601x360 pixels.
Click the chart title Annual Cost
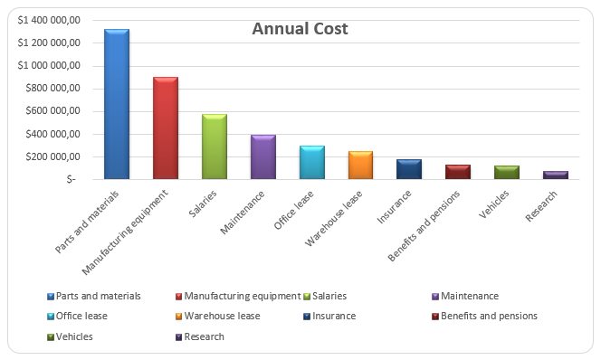click(x=300, y=29)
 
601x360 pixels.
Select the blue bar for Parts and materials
click(x=117, y=104)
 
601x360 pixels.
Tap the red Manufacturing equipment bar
click(x=166, y=128)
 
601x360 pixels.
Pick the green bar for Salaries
click(x=215, y=147)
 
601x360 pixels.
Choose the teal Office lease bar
click(x=312, y=163)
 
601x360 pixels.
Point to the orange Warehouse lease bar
click(x=361, y=166)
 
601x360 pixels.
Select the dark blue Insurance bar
click(x=409, y=169)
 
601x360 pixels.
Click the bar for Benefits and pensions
click(x=458, y=172)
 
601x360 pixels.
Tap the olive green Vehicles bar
click(x=507, y=173)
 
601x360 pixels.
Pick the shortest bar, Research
click(x=556, y=175)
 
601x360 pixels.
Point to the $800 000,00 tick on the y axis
click(x=53, y=89)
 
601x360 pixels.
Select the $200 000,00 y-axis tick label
click(x=53, y=157)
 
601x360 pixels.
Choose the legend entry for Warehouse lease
click(x=223, y=316)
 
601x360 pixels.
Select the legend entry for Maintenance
click(x=470, y=296)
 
